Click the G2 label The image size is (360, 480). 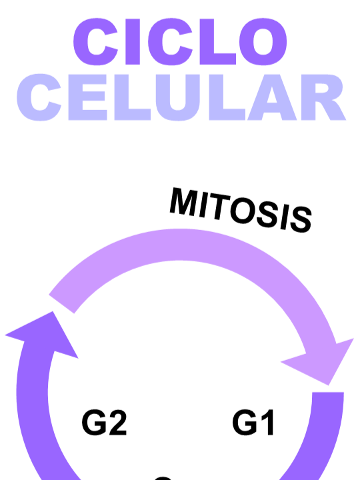[x=105, y=423]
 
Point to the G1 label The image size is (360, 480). [x=254, y=423]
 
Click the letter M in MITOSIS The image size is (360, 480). [x=185, y=201]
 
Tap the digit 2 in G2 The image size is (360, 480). [x=117, y=423]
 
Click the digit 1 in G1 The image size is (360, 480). [x=267, y=423]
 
